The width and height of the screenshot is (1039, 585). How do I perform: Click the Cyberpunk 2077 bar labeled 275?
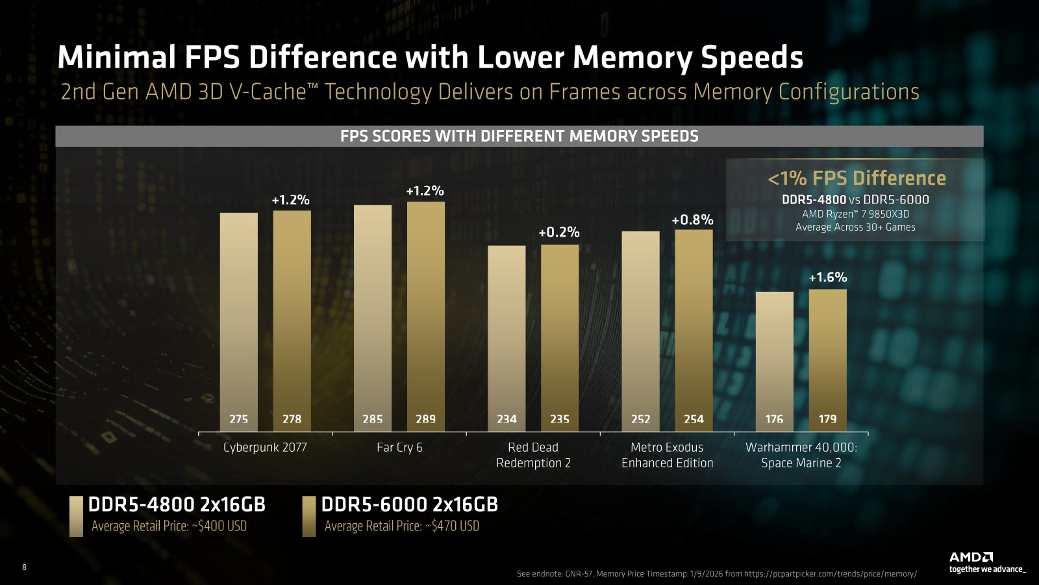(x=238, y=322)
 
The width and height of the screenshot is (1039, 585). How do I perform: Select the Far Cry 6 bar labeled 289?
(x=426, y=317)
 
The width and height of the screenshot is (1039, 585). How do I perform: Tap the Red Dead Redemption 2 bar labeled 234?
(x=507, y=338)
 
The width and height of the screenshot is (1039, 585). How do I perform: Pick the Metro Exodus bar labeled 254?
(x=694, y=330)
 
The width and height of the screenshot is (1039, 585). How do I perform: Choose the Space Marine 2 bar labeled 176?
(x=774, y=361)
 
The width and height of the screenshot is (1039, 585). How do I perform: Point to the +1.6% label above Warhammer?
(x=827, y=278)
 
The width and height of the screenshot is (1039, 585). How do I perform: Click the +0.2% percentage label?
(x=559, y=232)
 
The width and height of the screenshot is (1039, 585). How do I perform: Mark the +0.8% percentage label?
(x=692, y=220)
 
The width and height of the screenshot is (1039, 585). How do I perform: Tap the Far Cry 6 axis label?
(x=399, y=447)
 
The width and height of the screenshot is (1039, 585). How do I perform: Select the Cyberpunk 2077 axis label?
(x=265, y=447)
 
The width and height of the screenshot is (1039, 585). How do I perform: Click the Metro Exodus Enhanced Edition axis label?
(x=667, y=455)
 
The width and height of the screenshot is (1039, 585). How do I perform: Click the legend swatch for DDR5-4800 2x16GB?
(x=76, y=516)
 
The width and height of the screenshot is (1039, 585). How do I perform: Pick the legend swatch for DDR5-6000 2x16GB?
(x=309, y=516)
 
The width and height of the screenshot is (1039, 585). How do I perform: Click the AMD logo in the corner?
(x=971, y=557)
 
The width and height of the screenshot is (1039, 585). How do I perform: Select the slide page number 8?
(x=25, y=567)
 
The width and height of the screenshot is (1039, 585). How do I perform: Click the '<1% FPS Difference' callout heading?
(x=857, y=178)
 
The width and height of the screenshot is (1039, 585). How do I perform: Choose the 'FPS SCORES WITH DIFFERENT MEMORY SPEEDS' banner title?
(x=519, y=136)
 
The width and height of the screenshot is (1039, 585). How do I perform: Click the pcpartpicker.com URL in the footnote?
(x=830, y=574)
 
